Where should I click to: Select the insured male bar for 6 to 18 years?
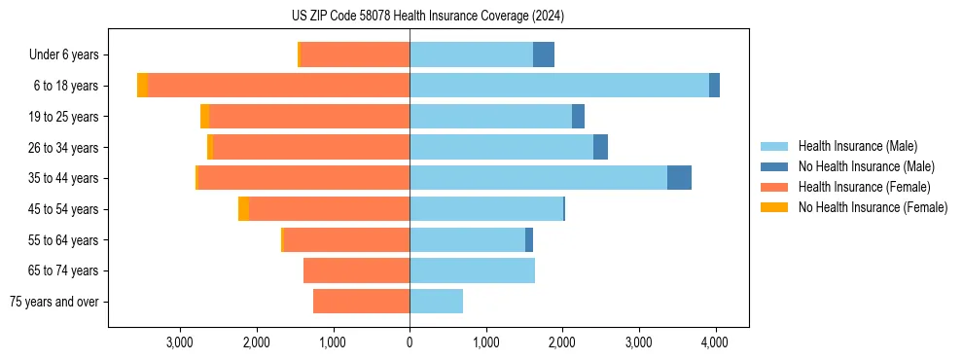coord(559,86)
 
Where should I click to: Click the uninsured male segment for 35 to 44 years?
coord(679,178)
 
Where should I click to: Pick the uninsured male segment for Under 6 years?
coord(544,54)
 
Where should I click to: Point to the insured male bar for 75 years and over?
coord(436,302)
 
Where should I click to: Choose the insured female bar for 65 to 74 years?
coord(356,270)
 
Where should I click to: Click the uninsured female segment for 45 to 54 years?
coord(243,209)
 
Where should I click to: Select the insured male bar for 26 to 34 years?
coord(501,147)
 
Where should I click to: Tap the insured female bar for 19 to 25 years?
coord(309,117)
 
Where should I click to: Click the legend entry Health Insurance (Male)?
coord(857,146)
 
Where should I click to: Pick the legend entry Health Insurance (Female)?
coord(864,187)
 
